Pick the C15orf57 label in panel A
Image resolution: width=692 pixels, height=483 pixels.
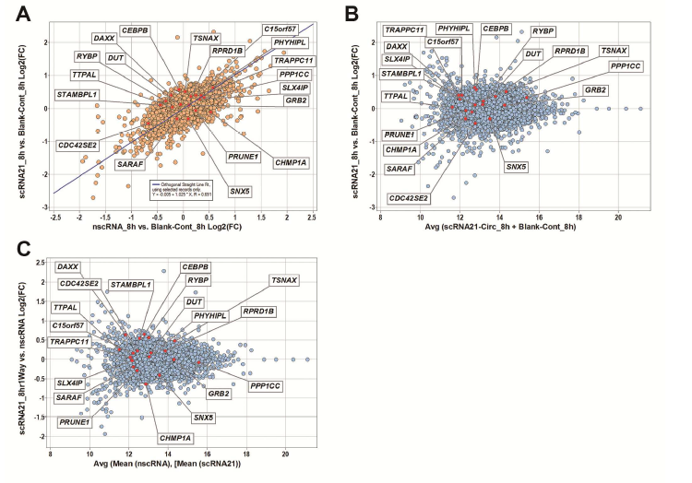tap(280, 29)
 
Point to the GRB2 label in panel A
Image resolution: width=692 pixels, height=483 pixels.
tap(296, 99)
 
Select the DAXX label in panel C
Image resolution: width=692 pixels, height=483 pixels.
tap(67, 266)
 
